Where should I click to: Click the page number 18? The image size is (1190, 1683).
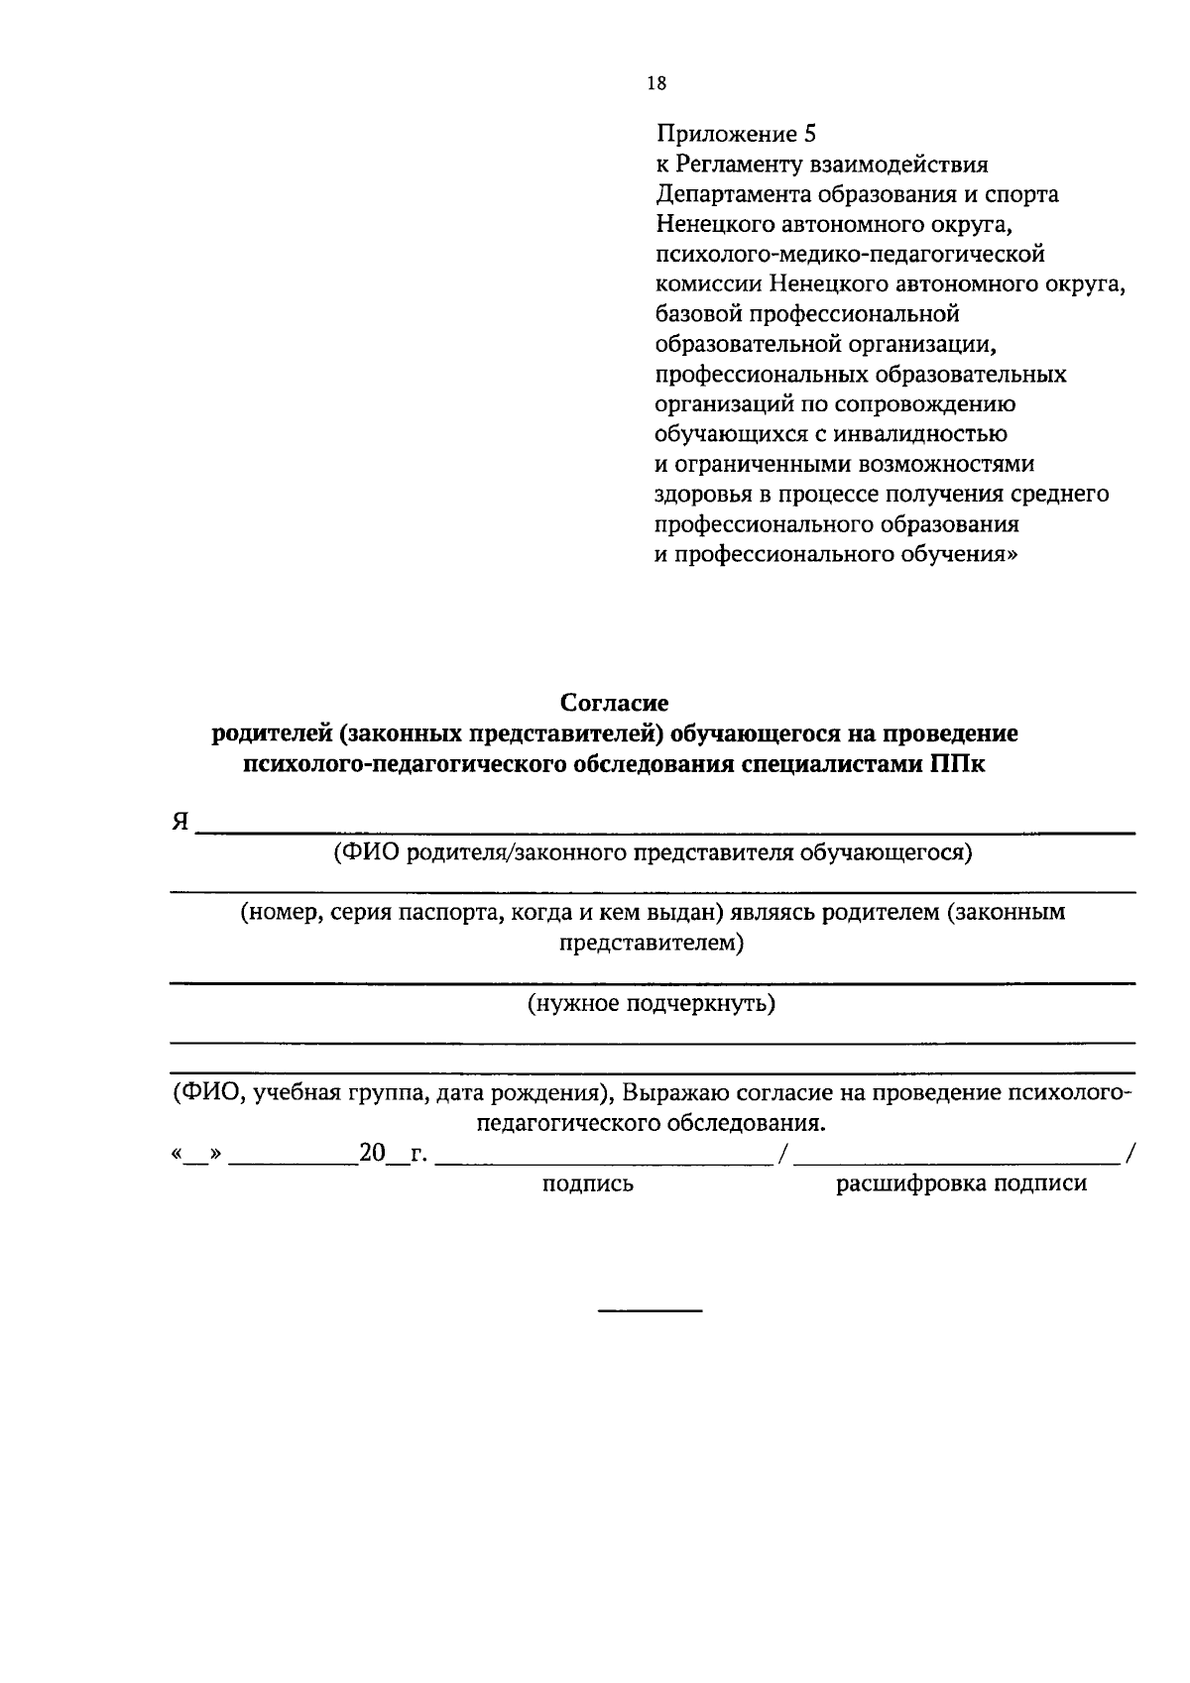click(x=656, y=83)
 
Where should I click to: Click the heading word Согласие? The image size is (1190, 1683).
click(x=615, y=703)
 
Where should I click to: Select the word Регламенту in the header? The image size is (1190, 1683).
click(x=737, y=164)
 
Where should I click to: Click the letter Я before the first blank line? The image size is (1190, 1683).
click(x=180, y=823)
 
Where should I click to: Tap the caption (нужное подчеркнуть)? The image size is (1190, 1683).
click(x=651, y=1003)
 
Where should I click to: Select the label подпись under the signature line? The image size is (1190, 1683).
click(x=587, y=1183)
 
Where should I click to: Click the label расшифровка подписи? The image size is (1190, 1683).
click(x=962, y=1183)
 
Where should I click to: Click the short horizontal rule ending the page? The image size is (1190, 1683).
click(x=650, y=1312)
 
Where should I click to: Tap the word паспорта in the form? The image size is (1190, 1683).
click(x=448, y=912)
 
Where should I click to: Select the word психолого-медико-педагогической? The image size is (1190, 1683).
click(x=850, y=254)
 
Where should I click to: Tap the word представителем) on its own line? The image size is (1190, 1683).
click(x=651, y=943)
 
